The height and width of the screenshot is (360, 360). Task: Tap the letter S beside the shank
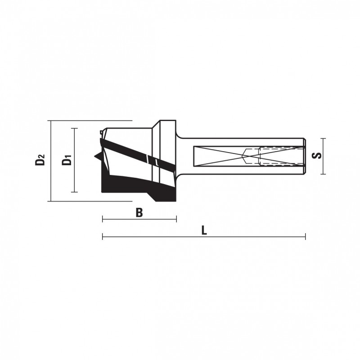317,156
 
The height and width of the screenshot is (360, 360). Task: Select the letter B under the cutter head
139,212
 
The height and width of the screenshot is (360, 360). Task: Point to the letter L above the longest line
204,230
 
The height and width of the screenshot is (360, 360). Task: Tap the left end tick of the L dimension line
103,236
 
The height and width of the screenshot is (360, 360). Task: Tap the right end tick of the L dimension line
306,236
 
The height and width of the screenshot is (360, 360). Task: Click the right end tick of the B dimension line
176,219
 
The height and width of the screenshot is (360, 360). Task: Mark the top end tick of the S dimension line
323,139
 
